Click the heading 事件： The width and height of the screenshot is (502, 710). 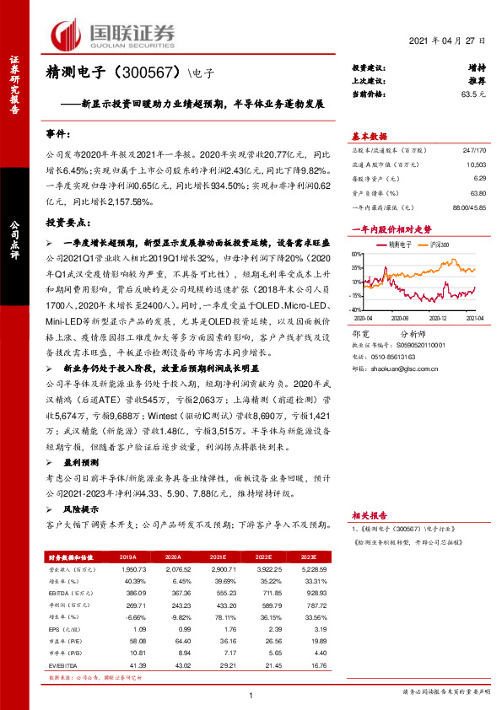click(x=58, y=135)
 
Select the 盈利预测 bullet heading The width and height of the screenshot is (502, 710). click(x=81, y=463)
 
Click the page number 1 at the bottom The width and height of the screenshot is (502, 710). click(x=251, y=696)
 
